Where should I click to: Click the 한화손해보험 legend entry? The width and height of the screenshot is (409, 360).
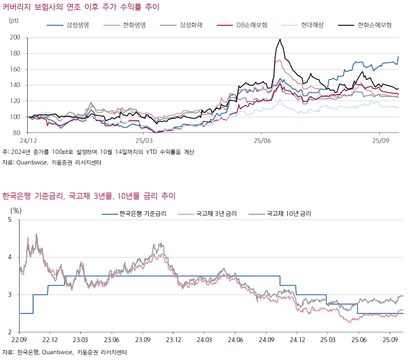(374, 25)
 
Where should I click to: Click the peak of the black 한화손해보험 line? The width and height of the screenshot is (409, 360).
(280, 39)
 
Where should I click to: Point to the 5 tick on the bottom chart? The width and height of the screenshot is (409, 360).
(11, 220)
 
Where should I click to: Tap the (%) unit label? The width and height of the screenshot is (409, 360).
(16, 210)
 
